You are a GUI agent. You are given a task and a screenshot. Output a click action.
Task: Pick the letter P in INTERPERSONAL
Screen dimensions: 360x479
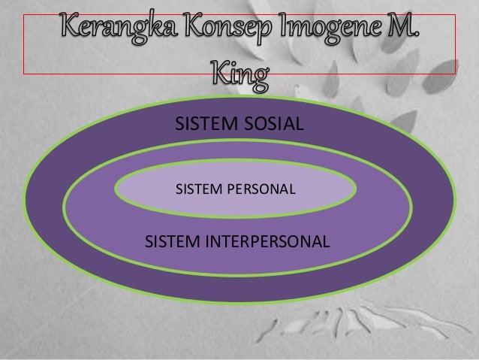(255, 242)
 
